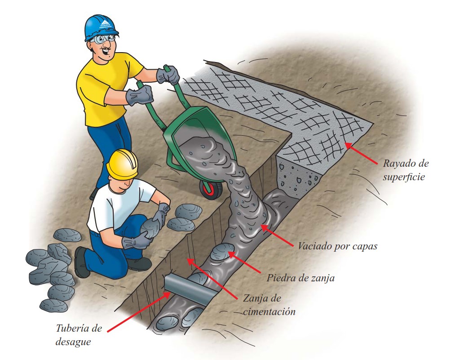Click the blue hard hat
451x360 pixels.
pyautogui.click(x=101, y=27)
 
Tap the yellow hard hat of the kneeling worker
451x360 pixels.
pyautogui.click(x=122, y=164)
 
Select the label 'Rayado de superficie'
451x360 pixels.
pyautogui.click(x=406, y=170)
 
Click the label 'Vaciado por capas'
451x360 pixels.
pyautogui.click(x=337, y=246)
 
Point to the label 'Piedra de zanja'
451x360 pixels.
pyautogui.click(x=301, y=278)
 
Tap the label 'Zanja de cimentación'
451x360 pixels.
pyautogui.click(x=269, y=305)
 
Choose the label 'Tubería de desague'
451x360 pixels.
pyautogui.click(x=79, y=335)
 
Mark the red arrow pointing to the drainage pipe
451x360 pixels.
pyautogui.click(x=138, y=311)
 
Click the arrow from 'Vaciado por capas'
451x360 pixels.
pyautogui.click(x=277, y=236)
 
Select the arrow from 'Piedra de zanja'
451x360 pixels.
pyautogui.click(x=244, y=262)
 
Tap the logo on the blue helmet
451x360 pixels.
pyautogui.click(x=104, y=24)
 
